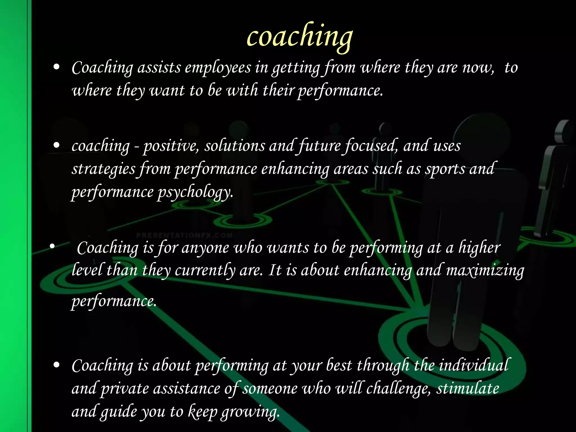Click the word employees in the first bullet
click(218, 68)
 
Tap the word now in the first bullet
click(478, 68)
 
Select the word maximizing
click(485, 271)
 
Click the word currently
click(205, 271)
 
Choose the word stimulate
click(468, 388)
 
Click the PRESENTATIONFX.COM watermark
click(184, 235)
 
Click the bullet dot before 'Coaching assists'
click(57, 67)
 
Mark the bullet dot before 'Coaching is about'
click(57, 365)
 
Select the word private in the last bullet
click(125, 389)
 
